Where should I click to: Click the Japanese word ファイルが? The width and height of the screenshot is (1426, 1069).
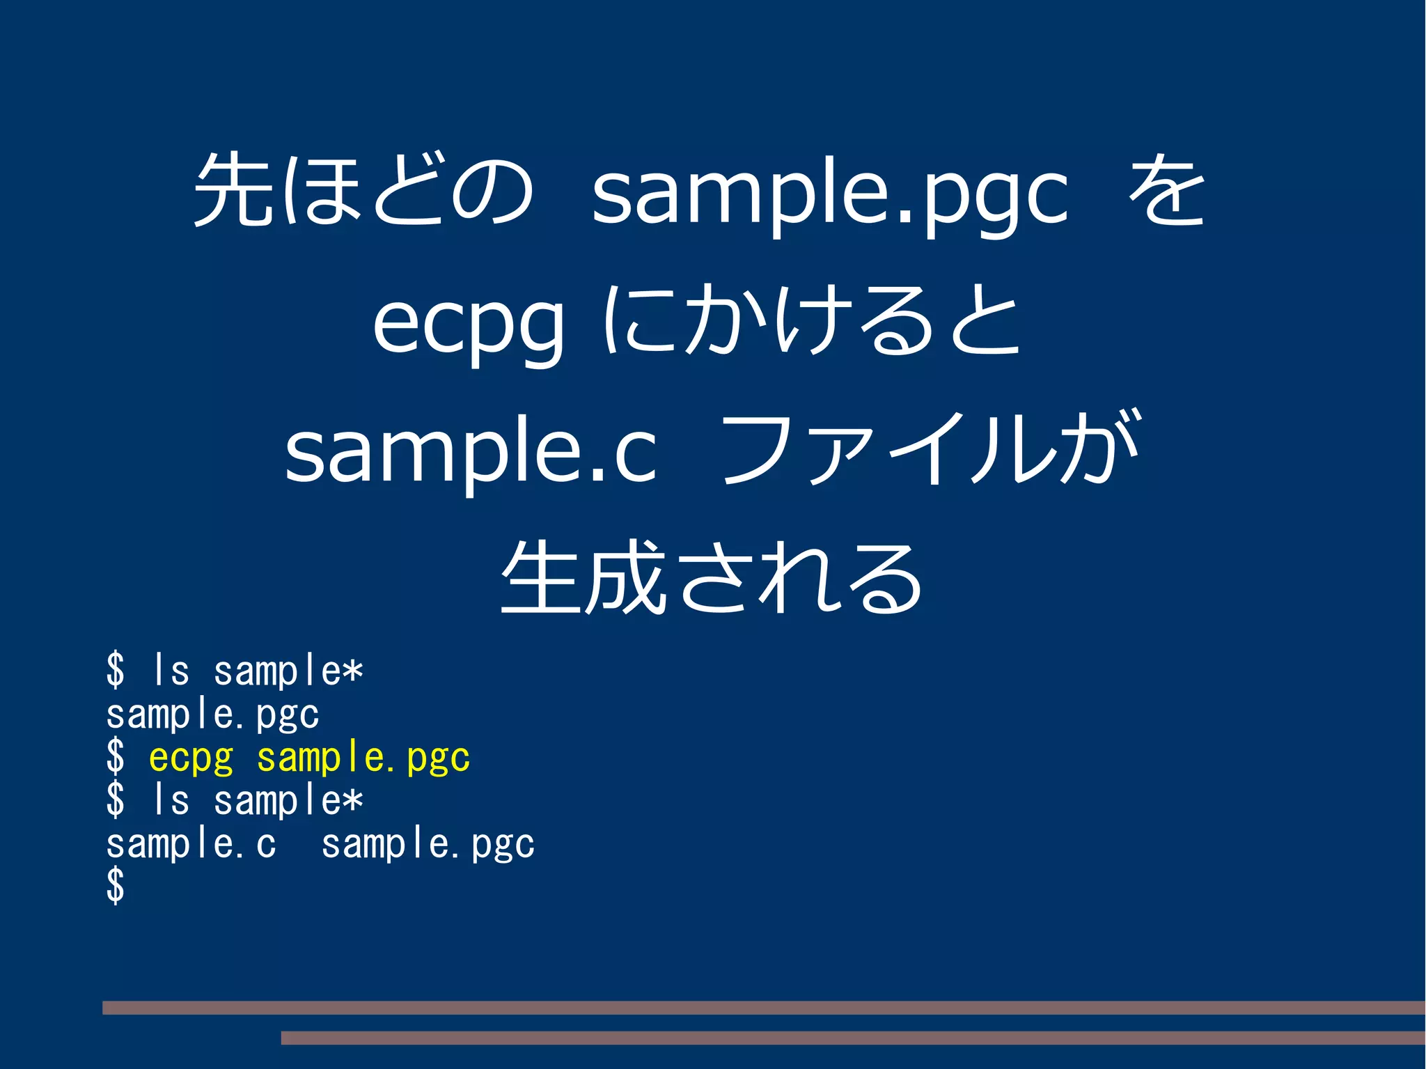[930, 449]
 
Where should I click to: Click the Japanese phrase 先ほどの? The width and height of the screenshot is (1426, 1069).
[363, 189]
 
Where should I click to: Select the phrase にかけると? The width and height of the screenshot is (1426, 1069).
[811, 320]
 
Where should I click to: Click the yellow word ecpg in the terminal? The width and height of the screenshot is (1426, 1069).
[191, 758]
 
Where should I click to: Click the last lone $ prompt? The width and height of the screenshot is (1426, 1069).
[116, 886]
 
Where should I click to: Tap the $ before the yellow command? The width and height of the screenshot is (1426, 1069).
[116, 757]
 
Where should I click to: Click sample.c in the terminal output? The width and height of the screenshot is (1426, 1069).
[191, 844]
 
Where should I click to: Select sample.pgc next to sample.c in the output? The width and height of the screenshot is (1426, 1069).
[428, 844]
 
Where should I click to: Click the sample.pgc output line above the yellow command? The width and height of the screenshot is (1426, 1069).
[212, 715]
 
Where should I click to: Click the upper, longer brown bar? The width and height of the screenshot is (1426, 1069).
[763, 1007]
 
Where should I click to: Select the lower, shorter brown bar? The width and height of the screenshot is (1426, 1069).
[852, 1038]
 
